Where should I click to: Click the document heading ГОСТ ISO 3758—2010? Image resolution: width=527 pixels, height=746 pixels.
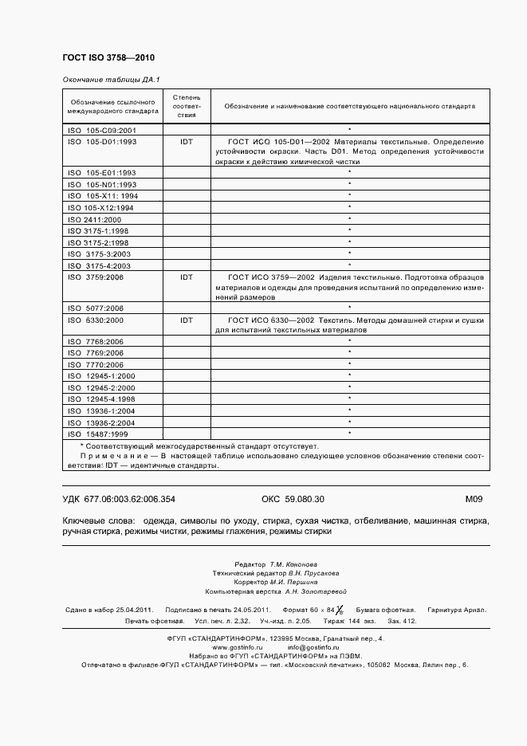point(108,57)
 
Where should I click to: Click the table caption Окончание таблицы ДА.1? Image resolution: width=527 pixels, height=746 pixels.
point(111,80)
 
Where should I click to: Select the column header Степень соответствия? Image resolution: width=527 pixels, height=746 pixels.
point(187,105)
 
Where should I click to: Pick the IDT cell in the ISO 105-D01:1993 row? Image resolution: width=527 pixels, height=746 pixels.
point(187,141)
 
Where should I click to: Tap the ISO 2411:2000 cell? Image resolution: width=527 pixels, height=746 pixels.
point(95,219)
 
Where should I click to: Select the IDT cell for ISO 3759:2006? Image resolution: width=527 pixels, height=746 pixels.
point(187,277)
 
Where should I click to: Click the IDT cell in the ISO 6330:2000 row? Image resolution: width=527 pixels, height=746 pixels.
point(187,320)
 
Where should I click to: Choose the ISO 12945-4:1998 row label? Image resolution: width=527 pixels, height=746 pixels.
point(102,399)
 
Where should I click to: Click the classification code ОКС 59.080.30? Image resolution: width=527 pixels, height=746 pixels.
point(293,500)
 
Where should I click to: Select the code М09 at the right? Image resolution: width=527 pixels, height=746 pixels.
point(474,500)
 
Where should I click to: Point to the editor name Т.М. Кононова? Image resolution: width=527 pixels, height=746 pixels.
point(293,563)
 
